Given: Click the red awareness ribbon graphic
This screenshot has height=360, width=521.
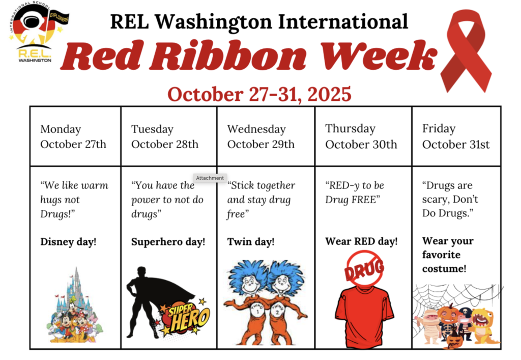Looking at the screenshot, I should point(466,51).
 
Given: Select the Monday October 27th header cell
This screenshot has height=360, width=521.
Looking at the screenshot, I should point(75,136).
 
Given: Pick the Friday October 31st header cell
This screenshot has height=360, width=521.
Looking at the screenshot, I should point(456,136).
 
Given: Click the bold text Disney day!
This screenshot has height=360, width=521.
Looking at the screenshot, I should point(68,242).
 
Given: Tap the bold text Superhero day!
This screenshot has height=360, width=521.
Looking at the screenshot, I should point(168,242).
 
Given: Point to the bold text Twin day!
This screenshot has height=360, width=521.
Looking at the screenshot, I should point(251,242).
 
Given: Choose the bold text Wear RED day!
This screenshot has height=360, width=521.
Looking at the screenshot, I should point(361,241).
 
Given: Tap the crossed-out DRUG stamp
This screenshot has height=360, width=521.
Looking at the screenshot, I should point(363,269).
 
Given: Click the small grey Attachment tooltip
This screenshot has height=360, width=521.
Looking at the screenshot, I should point(210,178).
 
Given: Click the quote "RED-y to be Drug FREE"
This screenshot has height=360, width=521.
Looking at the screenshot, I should point(355,192).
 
